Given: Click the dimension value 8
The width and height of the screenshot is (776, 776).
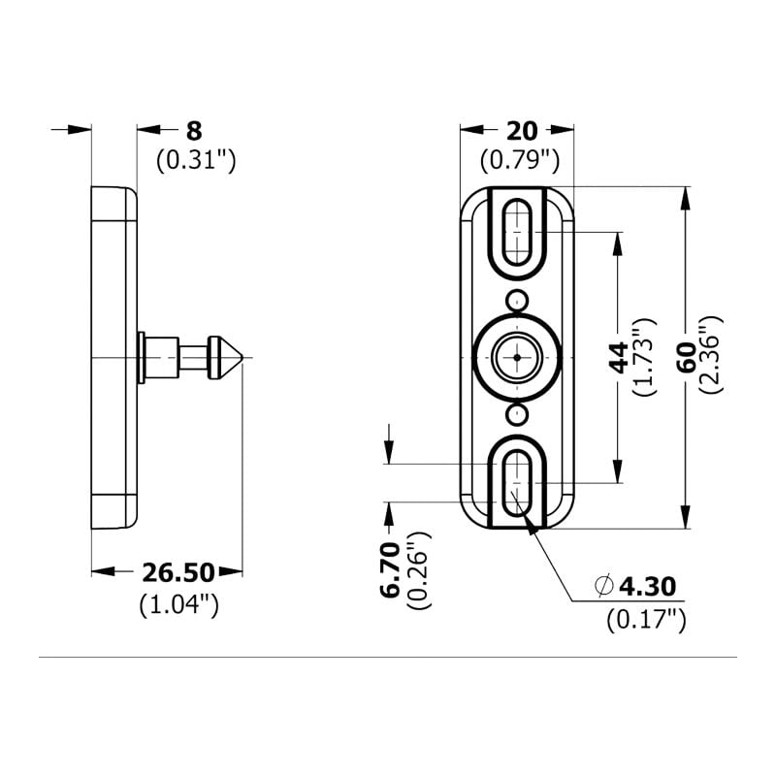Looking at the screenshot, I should [194, 130].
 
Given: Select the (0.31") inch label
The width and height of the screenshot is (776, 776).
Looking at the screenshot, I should [196, 160].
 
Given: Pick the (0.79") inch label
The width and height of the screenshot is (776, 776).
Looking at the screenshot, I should [520, 160].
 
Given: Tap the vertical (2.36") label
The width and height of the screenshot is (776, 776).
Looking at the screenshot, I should [712, 355].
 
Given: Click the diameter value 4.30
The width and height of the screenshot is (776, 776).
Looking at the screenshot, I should [647, 586].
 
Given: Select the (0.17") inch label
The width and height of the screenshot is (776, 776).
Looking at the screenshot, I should [647, 619].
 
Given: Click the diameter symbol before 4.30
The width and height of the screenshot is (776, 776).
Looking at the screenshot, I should [603, 586].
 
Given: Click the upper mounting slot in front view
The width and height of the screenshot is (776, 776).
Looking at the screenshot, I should [519, 231].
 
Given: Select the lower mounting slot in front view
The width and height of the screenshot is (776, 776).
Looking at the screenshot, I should [519, 482].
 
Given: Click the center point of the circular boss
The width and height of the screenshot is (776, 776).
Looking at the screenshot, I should [519, 358].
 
